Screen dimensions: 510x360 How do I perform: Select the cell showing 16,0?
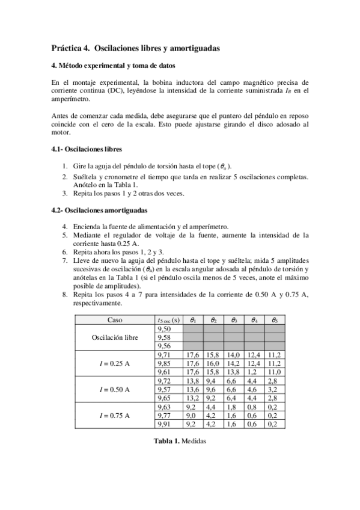(213, 364)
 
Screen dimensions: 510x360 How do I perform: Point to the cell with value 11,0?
(273, 372)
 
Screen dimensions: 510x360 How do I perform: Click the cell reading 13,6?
(193, 390)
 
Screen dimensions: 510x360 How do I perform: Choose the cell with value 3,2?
(272, 390)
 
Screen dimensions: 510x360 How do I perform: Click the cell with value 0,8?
(252, 407)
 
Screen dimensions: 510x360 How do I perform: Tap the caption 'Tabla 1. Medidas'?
(180, 440)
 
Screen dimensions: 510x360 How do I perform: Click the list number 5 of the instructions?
(65, 235)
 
